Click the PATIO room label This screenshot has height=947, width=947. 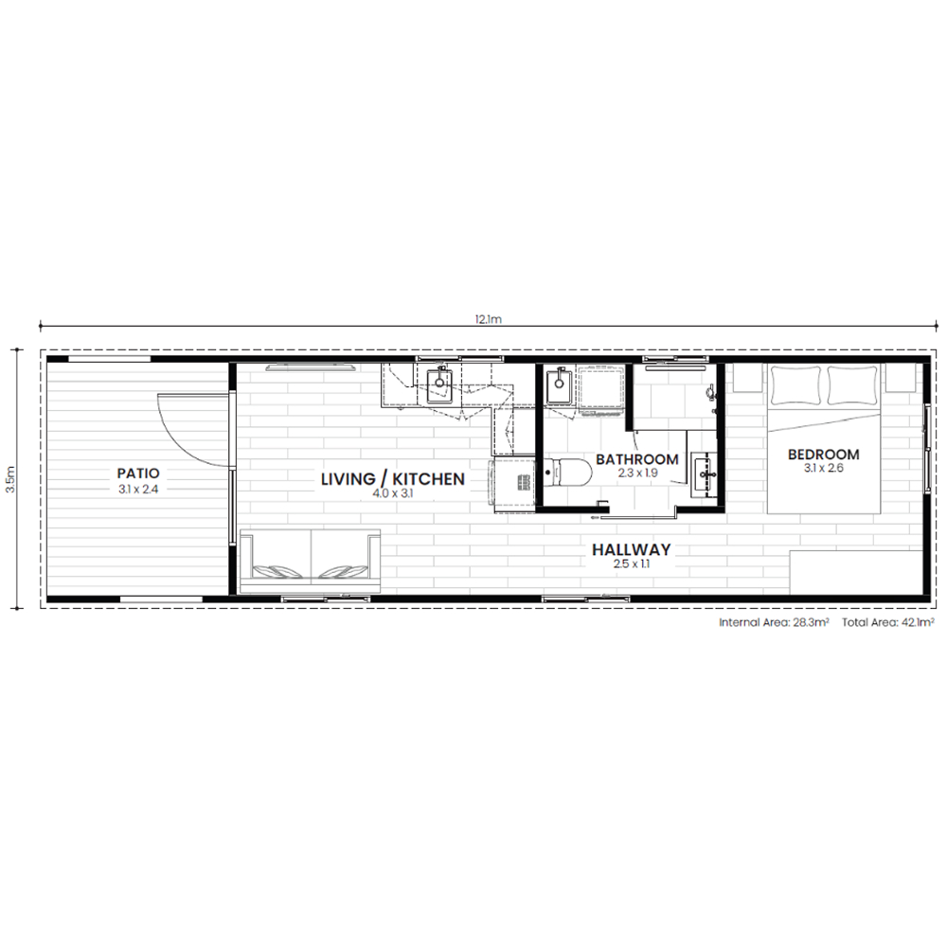[x=137, y=473]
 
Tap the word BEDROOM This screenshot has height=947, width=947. [x=823, y=455]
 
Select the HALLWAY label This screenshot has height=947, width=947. [x=631, y=549]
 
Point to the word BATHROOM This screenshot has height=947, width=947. [x=637, y=459]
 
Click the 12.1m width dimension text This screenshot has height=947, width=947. [x=488, y=319]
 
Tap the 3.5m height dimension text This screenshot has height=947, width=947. [x=10, y=479]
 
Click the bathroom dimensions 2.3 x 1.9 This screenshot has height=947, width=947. [x=637, y=473]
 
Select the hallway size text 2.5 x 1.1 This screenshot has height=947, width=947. [x=631, y=564]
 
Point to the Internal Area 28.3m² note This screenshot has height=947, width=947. [x=774, y=622]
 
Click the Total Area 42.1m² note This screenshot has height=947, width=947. [x=888, y=622]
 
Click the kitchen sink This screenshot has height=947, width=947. [x=439, y=384]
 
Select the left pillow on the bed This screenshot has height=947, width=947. [x=795, y=384]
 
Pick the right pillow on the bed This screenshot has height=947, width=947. [x=851, y=384]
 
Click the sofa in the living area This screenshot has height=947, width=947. [x=311, y=561]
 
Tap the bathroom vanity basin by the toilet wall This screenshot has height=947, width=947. [x=704, y=474]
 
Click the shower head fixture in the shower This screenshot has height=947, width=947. [x=711, y=392]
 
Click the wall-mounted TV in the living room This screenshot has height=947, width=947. [x=311, y=366]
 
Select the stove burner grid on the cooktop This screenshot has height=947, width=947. [x=523, y=482]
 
